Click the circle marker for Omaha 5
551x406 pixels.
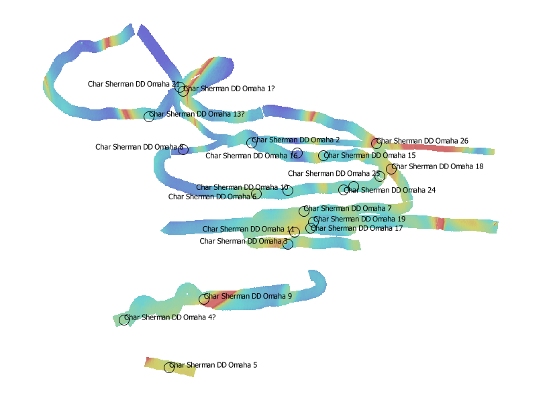[169, 367]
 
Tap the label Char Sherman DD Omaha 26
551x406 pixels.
[423, 141]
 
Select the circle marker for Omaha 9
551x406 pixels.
[205, 299]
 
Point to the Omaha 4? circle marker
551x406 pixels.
[124, 320]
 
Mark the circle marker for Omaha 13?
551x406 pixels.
[149, 117]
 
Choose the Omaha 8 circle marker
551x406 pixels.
[183, 149]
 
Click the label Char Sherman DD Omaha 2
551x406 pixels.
[296, 140]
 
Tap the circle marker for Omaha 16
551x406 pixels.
[297, 153]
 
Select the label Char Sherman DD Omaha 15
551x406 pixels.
[370, 156]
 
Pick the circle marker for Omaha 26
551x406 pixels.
[377, 144]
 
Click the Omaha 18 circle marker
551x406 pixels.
[391, 169]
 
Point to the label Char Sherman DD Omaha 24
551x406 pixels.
[390, 191]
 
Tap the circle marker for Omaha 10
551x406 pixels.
[288, 191]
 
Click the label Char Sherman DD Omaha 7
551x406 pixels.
[348, 209]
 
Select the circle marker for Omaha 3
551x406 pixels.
[288, 244]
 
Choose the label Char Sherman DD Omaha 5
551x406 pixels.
[213, 365]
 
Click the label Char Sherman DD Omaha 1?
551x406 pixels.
[230, 89]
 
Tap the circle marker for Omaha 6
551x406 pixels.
[256, 195]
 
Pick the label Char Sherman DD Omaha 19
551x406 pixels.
[360, 219]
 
